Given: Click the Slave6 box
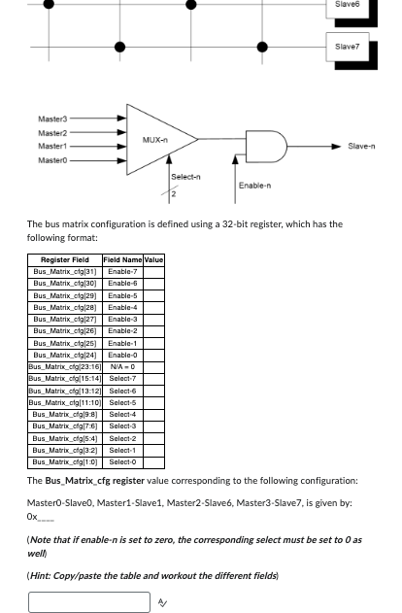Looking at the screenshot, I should click(x=347, y=7).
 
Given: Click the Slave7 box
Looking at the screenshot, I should click(x=347, y=46).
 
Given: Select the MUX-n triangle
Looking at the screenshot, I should click(x=155, y=140).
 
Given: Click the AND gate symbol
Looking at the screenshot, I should click(x=269, y=146).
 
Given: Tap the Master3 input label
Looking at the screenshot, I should click(x=52, y=119).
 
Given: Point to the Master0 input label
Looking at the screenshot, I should click(x=52, y=159).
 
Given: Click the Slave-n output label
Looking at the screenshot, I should click(x=361, y=147).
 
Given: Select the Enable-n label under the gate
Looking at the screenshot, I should click(x=254, y=185).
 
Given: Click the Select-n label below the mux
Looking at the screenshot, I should click(x=185, y=177).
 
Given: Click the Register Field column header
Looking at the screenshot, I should click(x=65, y=259).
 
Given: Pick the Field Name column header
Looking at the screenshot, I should click(x=122, y=259).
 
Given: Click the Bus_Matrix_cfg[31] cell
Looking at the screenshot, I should click(x=65, y=271).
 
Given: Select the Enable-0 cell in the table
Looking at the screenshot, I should click(x=122, y=355).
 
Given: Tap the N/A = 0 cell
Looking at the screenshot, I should click(x=122, y=366).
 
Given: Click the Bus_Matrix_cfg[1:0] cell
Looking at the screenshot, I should click(x=65, y=462).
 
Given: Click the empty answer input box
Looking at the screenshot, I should click(x=88, y=602).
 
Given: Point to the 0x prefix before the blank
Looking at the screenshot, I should click(x=32, y=517).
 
